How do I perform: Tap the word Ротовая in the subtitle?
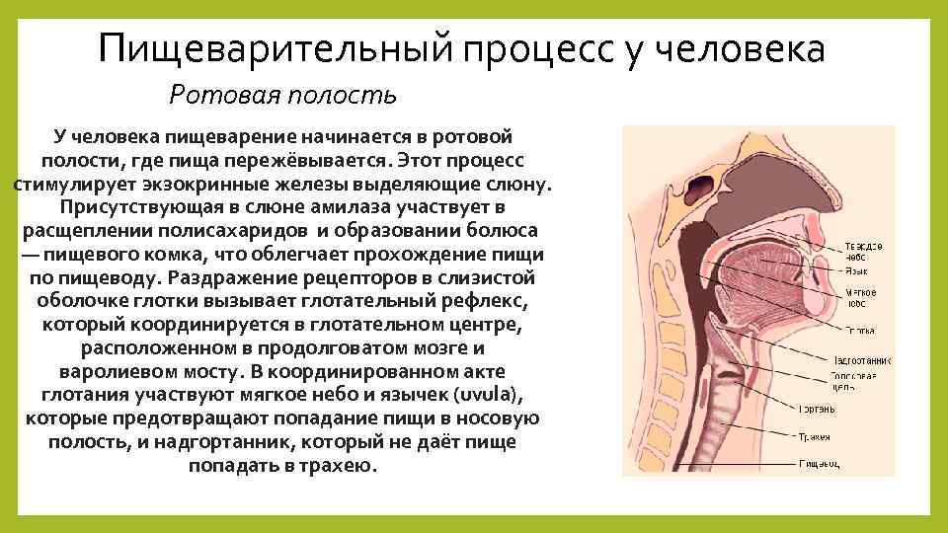216,95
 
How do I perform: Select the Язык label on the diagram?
855,268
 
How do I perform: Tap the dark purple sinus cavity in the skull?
704,184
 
